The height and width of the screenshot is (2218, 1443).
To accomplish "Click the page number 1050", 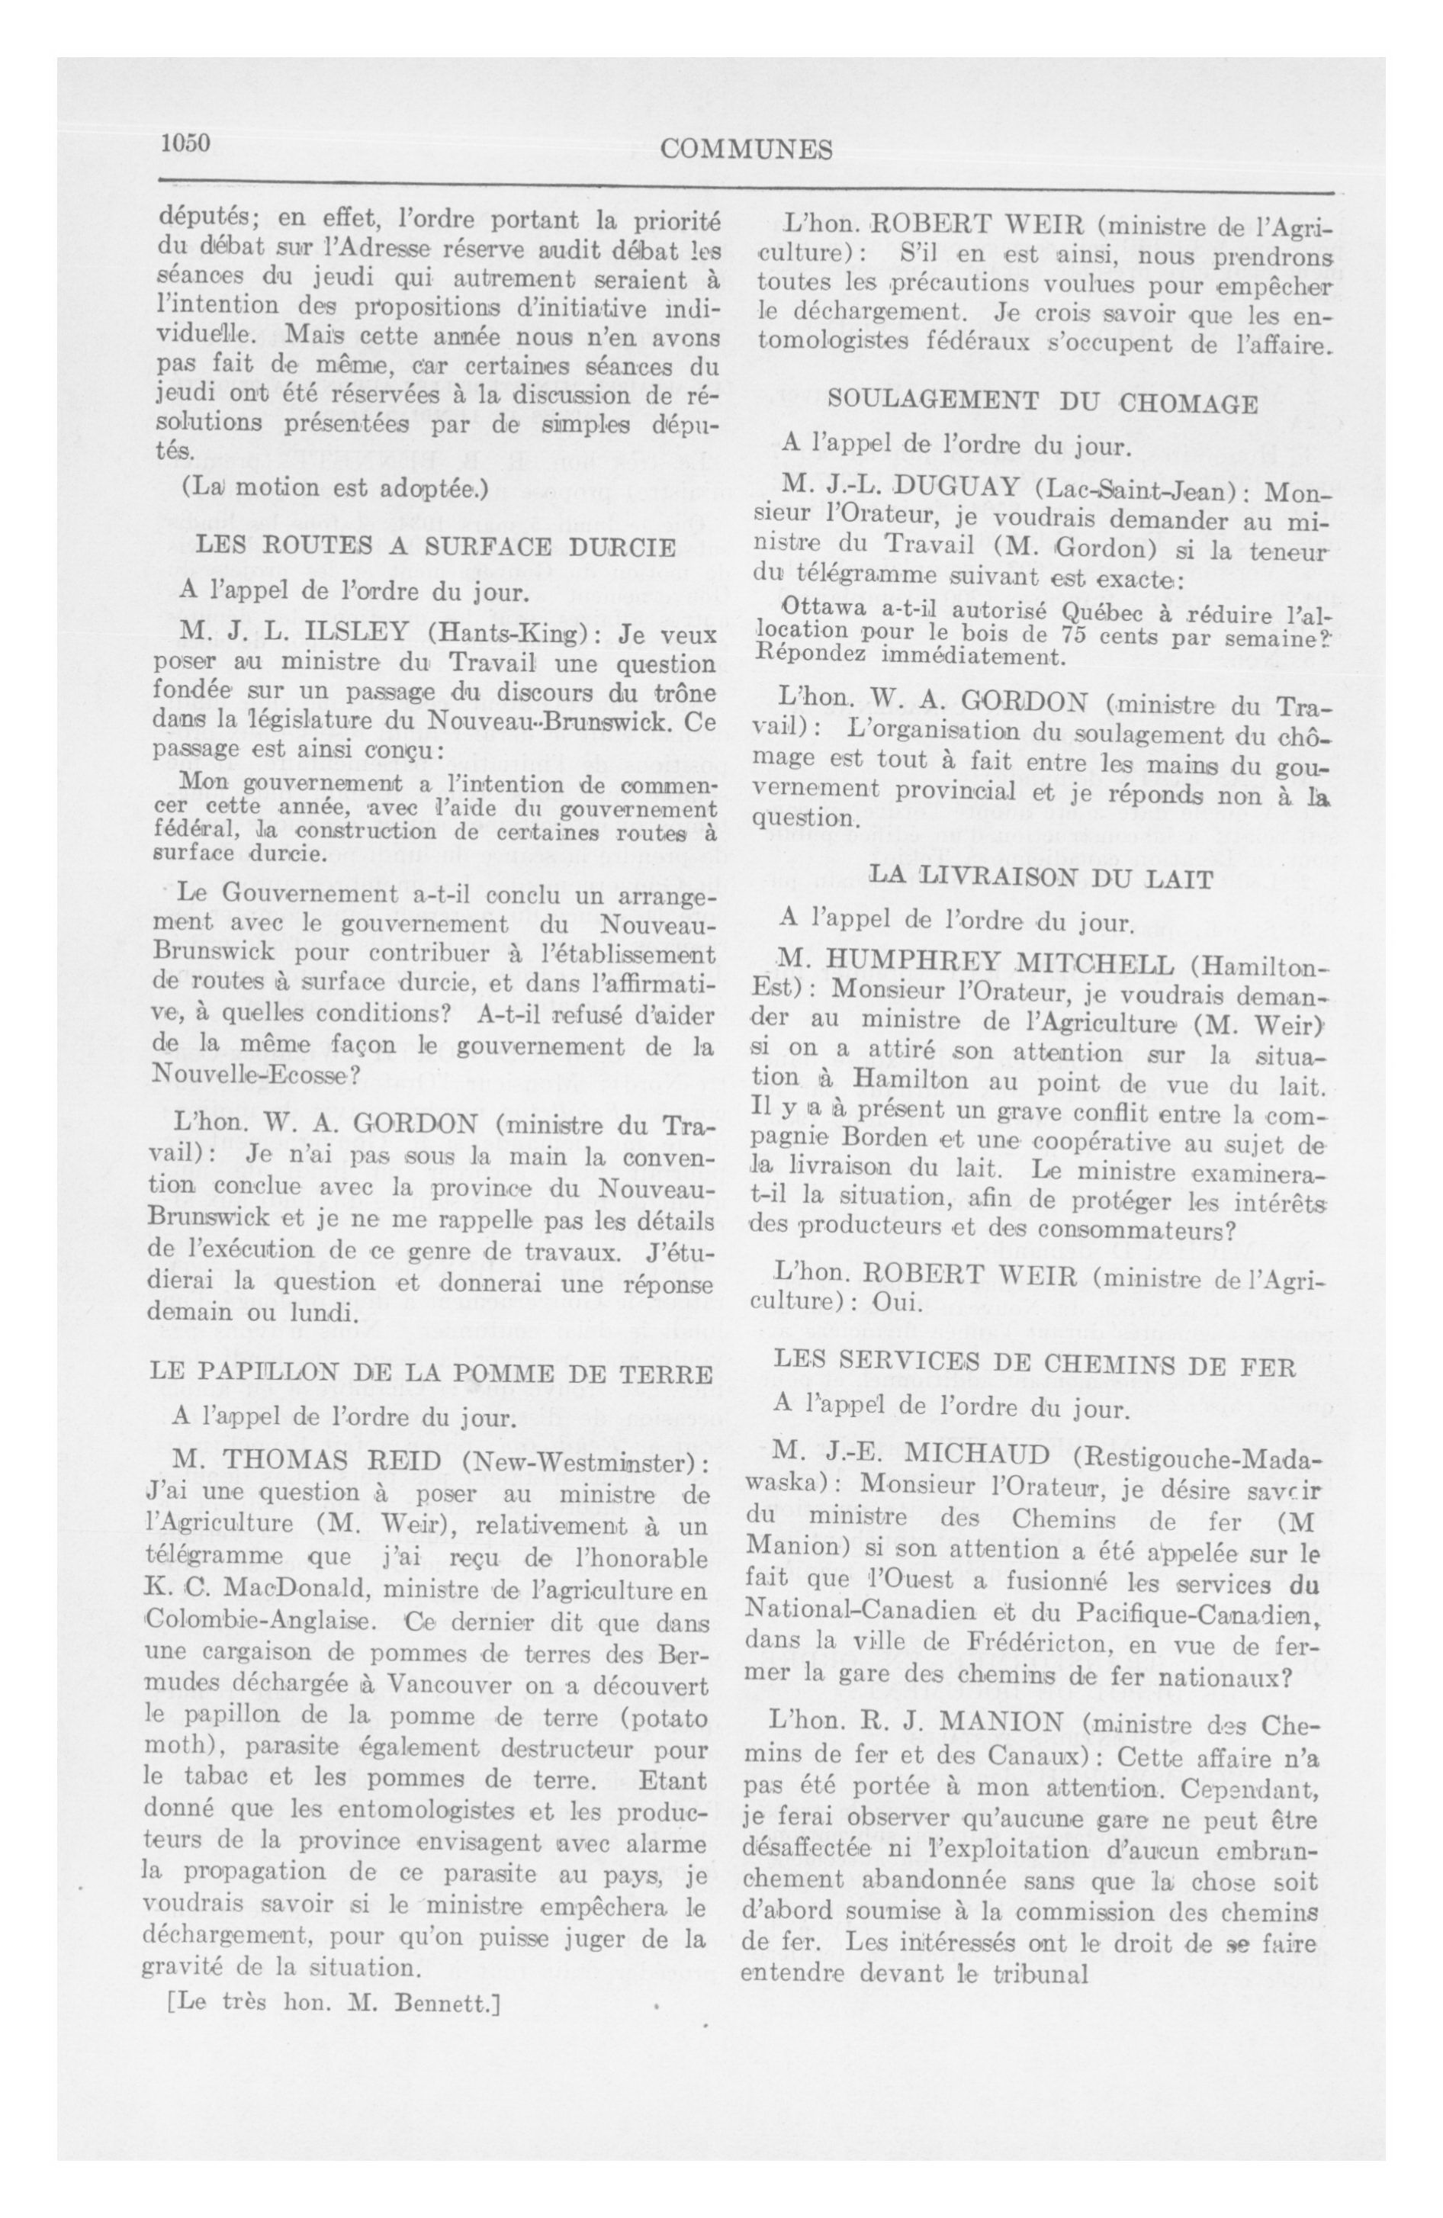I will tap(186, 143).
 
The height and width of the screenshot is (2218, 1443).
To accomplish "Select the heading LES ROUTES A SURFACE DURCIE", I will tap(435, 545).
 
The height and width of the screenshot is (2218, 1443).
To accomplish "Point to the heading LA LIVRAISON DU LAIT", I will tap(1040, 878).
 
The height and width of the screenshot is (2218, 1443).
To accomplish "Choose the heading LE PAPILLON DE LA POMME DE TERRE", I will tap(431, 1374).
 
